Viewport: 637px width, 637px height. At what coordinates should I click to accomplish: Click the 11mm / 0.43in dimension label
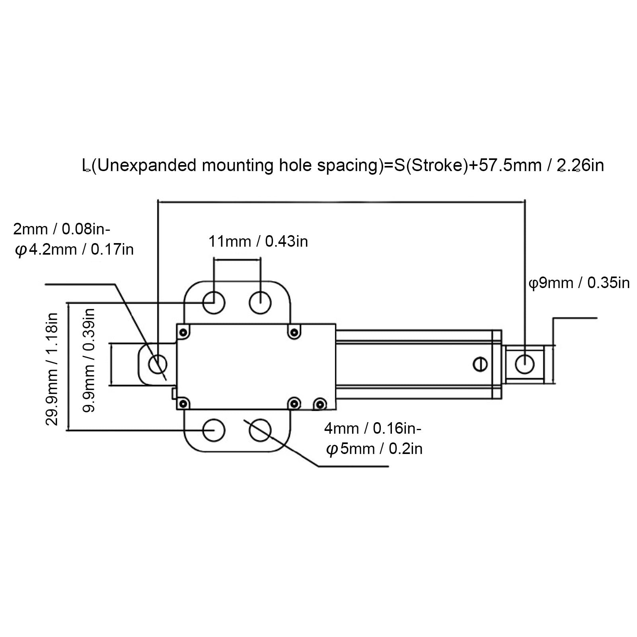click(x=258, y=242)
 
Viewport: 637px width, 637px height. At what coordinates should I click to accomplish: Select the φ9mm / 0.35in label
click(x=579, y=283)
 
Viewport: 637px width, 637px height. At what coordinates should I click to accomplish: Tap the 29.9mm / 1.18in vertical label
click(x=52, y=369)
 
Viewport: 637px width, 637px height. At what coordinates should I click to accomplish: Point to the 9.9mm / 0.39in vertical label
click(x=89, y=360)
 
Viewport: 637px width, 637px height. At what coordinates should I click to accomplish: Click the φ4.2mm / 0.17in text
click(x=74, y=250)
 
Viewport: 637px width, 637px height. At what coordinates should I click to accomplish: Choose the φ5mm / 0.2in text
click(x=374, y=449)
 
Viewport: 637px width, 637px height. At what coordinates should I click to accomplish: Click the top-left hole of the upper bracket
click(x=214, y=303)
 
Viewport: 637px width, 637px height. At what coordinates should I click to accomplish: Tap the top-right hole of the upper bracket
click(x=260, y=303)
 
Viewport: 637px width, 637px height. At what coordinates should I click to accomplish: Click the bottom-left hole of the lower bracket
click(x=214, y=430)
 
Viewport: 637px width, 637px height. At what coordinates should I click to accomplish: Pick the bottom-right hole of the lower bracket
click(x=260, y=430)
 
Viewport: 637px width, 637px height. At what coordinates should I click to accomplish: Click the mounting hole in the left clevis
click(x=157, y=364)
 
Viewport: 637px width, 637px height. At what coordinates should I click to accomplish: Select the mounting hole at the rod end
click(x=524, y=363)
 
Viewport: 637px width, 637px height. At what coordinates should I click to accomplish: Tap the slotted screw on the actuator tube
click(x=481, y=364)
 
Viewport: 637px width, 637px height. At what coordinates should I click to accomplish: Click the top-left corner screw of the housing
click(x=183, y=332)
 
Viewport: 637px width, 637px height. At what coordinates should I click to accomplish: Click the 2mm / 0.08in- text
click(x=62, y=230)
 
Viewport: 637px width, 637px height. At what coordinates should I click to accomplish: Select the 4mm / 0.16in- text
click(x=372, y=429)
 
